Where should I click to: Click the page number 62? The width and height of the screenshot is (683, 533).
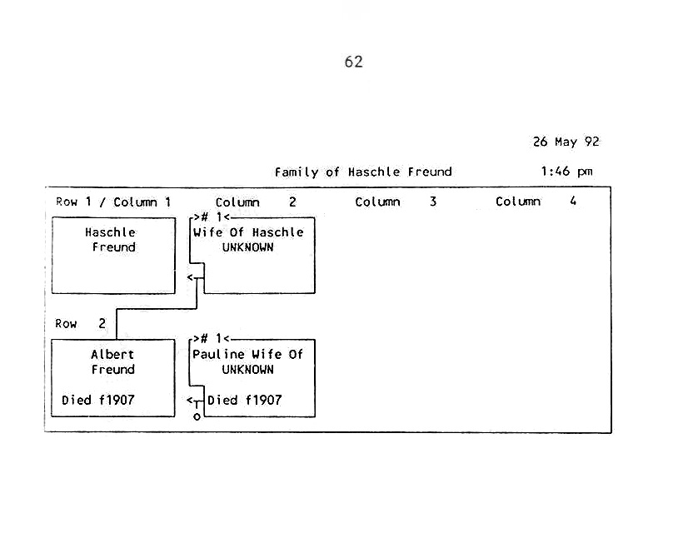(353, 62)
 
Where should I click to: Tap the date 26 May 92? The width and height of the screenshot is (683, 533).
(566, 142)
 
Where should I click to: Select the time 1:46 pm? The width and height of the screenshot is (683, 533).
(566, 172)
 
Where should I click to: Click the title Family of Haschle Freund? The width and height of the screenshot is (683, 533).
(363, 172)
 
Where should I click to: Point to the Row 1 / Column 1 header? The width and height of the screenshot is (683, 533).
(113, 202)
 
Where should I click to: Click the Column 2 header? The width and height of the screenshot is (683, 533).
(256, 202)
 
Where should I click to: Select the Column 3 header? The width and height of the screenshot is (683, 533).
(396, 202)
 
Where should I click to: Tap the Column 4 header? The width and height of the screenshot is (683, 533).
(536, 202)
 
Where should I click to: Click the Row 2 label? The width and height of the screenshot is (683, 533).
(81, 324)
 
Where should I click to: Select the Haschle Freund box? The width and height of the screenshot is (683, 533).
(113, 256)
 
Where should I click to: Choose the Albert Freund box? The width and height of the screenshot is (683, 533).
(113, 377)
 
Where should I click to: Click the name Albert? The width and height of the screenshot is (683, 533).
(112, 355)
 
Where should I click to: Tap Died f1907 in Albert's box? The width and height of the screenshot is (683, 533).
(98, 400)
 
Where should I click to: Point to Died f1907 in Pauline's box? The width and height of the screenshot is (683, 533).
(245, 400)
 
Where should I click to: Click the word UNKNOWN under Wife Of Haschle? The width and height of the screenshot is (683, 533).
(248, 247)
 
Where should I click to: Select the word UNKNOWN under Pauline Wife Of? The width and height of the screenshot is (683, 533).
(248, 370)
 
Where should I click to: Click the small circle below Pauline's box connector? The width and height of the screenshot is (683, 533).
(197, 416)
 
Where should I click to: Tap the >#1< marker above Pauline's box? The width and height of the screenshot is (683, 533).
(210, 338)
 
